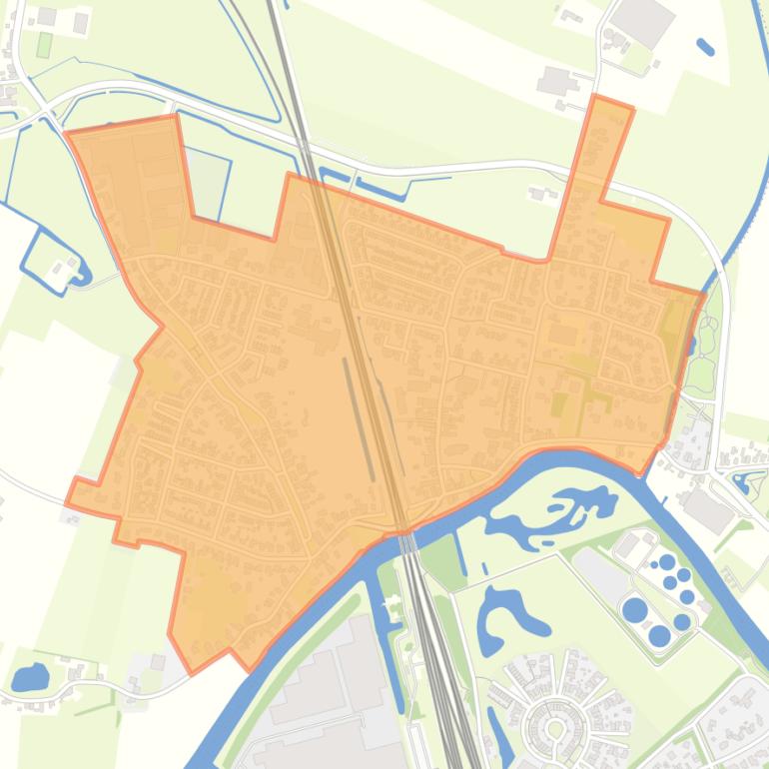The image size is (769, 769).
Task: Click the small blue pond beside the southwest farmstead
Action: [x=30, y=677]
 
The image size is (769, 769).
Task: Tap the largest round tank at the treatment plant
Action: [x=634, y=609]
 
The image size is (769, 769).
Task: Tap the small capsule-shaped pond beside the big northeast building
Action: [x=705, y=46]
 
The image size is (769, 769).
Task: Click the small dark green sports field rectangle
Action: [x=44, y=45]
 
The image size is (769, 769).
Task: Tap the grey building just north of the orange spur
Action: [x=555, y=80]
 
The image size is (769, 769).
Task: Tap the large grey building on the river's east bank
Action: [x=708, y=510]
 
